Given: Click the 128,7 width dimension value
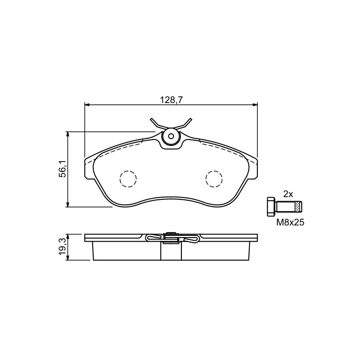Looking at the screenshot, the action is click(171, 100).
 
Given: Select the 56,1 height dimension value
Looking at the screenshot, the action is click(63, 169).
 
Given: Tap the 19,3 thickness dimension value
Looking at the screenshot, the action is click(63, 247).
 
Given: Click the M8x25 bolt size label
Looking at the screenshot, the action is click(290, 222).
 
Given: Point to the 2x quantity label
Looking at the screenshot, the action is click(288, 194).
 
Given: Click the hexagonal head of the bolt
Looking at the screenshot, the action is click(271, 207).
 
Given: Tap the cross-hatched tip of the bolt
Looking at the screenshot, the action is click(298, 207).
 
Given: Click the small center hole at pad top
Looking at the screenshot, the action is click(171, 136).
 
